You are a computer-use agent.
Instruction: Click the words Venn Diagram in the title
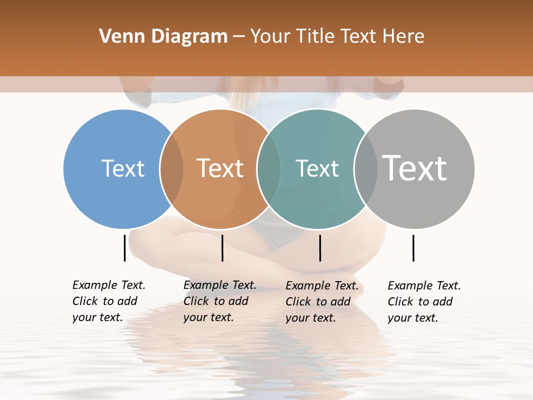(x=163, y=37)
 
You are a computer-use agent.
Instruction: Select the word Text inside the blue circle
(x=123, y=168)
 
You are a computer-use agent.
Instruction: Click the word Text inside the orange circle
(x=220, y=168)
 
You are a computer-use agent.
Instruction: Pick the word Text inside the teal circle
(x=317, y=168)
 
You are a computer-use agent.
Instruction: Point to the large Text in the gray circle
(x=415, y=168)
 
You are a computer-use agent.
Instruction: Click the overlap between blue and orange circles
(x=172, y=168)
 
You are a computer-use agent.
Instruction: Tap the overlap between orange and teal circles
(x=269, y=168)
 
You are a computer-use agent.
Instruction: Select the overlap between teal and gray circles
(x=365, y=168)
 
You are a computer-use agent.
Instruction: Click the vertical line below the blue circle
(x=124, y=248)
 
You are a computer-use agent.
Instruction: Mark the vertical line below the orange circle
(x=222, y=248)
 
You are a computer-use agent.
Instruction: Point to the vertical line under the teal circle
(x=320, y=248)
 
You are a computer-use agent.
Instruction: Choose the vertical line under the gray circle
(x=414, y=248)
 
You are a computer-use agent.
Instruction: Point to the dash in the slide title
(x=239, y=37)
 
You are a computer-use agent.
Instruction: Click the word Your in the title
(x=269, y=37)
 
